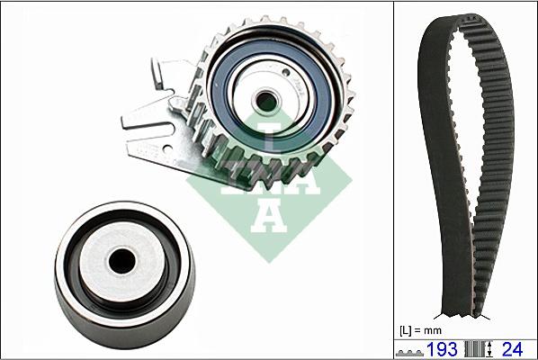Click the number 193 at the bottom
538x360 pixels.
click(442, 349)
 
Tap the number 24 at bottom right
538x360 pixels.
click(512, 349)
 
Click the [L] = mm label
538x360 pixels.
click(421, 331)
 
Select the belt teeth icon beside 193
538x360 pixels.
click(409, 353)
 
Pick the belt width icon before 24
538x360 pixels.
click(480, 349)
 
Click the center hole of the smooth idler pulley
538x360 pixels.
click(121, 262)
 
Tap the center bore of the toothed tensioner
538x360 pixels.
click(266, 101)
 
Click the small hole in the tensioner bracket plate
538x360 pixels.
click(167, 148)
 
